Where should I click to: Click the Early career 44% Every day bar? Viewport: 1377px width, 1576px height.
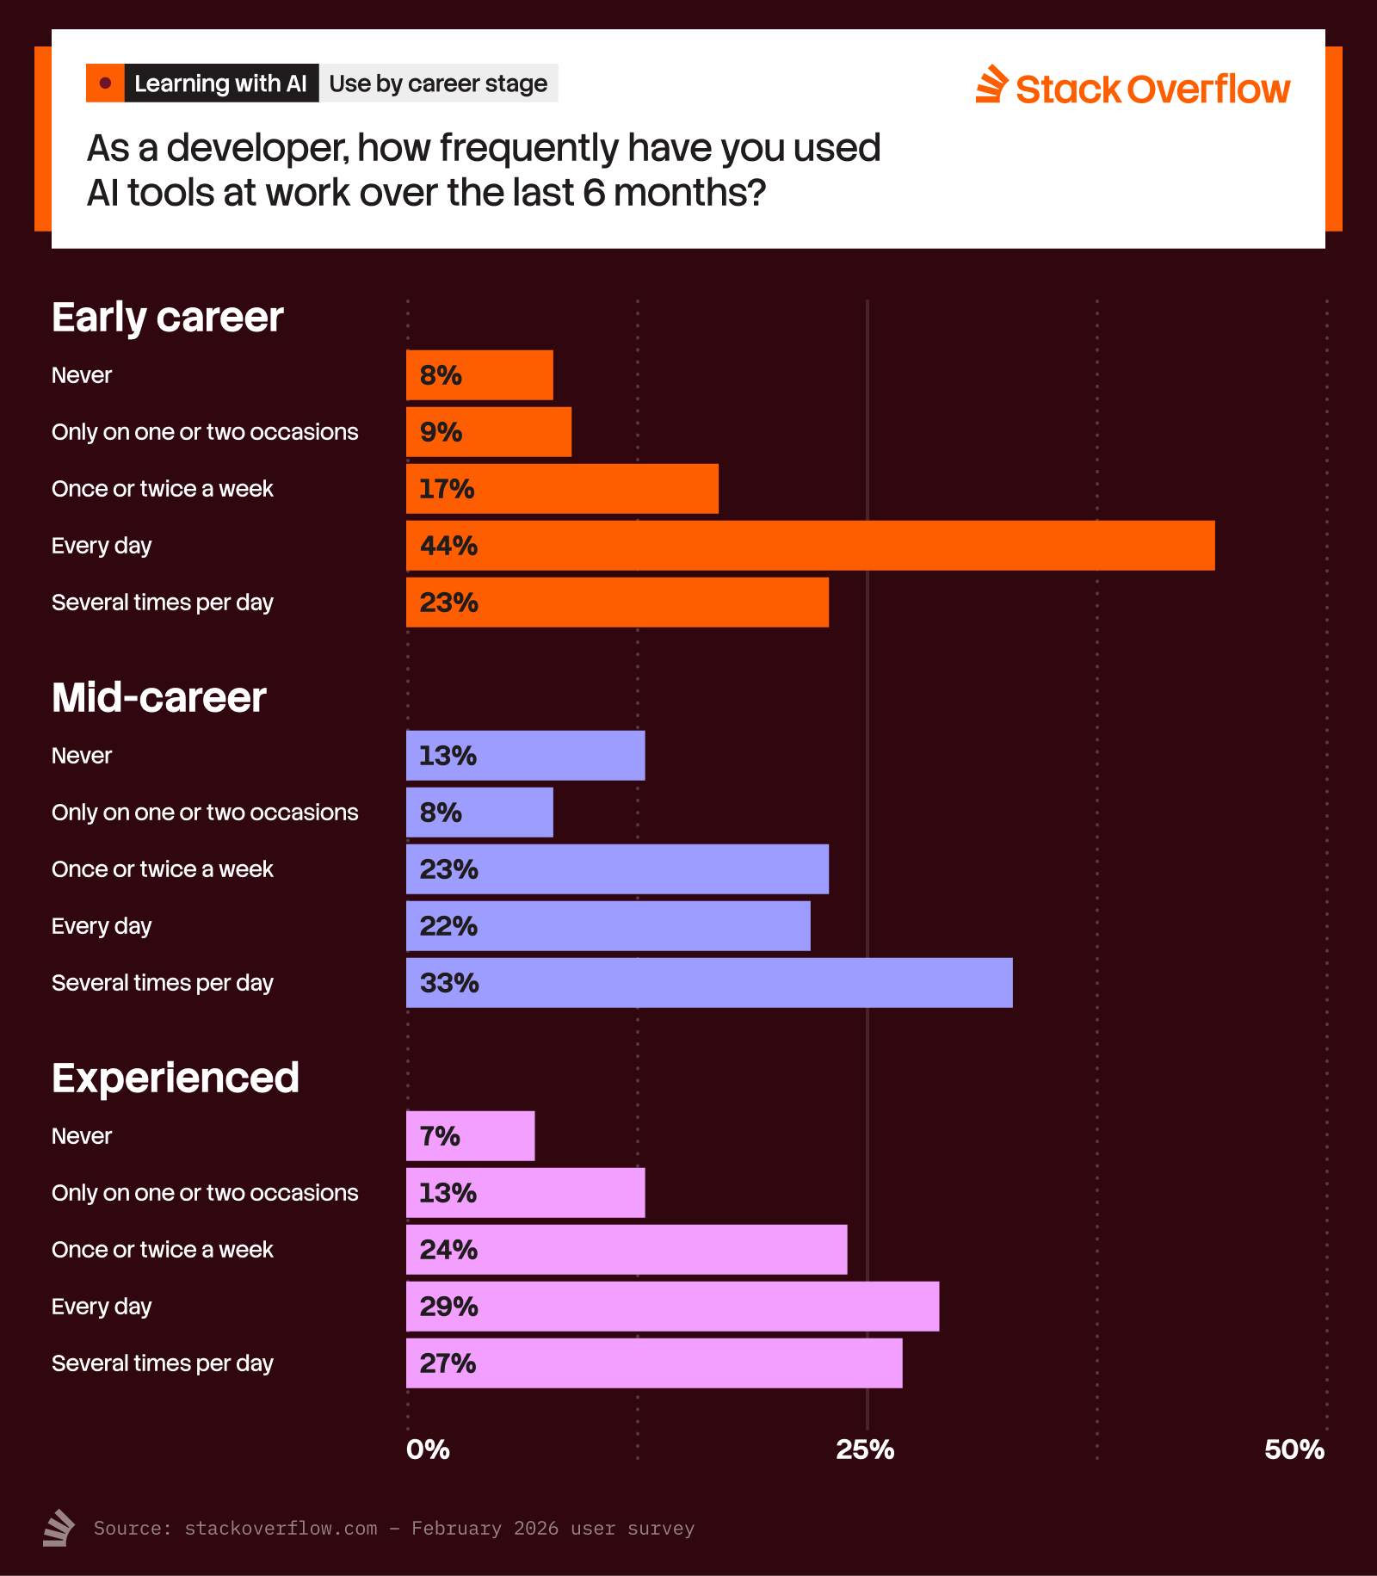(x=810, y=546)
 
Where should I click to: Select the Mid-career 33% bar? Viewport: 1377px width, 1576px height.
(x=709, y=983)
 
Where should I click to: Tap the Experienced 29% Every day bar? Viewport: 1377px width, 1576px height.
(x=672, y=1307)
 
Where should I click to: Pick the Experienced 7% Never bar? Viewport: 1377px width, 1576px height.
(x=470, y=1136)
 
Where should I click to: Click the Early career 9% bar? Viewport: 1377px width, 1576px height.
(x=489, y=432)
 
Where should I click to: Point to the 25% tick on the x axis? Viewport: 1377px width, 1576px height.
(x=865, y=1449)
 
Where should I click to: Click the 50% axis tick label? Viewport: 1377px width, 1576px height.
(x=1294, y=1449)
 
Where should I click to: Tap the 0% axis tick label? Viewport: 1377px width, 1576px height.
(x=428, y=1449)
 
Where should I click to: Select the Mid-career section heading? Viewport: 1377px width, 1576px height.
(x=159, y=697)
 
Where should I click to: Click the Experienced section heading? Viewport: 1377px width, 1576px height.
(x=176, y=1078)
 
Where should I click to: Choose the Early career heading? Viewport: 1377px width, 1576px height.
(x=168, y=317)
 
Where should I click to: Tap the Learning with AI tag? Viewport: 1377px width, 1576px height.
(x=220, y=83)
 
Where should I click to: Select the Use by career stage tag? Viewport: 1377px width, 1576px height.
(x=438, y=83)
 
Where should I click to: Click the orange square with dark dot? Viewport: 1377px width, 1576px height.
(x=105, y=83)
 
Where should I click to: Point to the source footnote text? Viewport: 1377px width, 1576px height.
(x=393, y=1528)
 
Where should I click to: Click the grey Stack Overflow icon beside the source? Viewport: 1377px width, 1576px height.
(x=59, y=1528)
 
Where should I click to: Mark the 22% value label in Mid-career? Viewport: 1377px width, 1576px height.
(x=448, y=926)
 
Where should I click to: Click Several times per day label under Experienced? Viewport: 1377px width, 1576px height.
(x=163, y=1363)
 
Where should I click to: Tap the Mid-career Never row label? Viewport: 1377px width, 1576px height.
(x=82, y=756)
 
